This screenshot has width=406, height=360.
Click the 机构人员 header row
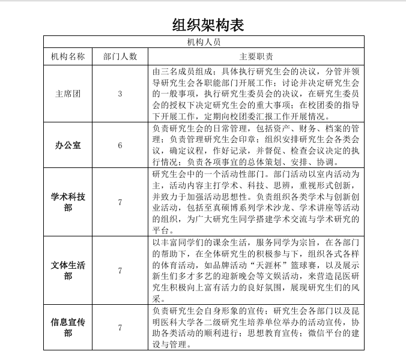point(204,42)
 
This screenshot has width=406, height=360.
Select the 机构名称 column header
point(68,56)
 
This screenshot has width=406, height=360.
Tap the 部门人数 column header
point(120,56)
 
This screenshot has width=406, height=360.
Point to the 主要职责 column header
point(256,56)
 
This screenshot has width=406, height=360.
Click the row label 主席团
point(68,94)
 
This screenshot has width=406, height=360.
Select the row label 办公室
point(68,146)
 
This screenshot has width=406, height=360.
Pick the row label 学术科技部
point(68,202)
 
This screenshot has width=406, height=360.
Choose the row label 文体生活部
point(68,271)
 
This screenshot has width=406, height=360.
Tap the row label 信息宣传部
point(68,327)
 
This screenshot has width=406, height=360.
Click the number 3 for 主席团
point(120,94)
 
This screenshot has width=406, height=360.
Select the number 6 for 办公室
point(120,146)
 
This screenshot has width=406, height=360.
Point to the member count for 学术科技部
point(120,202)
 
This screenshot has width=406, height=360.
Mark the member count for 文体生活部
point(120,271)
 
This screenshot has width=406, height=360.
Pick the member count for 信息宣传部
point(120,327)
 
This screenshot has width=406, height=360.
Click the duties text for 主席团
point(256,94)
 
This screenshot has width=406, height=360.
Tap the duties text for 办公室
point(256,146)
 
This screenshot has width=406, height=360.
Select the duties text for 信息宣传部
point(256,327)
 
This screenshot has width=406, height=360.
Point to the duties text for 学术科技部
point(256,202)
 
